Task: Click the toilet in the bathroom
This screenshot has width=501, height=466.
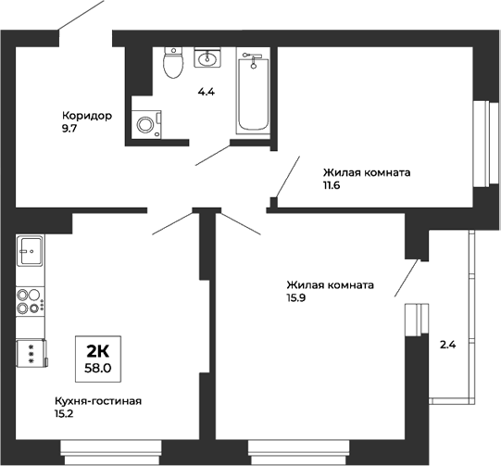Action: [x=171, y=63]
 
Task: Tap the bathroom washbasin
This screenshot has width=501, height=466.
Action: [x=208, y=59]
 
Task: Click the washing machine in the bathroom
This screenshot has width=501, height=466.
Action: [x=146, y=123]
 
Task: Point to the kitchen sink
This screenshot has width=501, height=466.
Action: [x=31, y=251]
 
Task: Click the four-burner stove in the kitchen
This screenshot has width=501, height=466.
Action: [x=30, y=301]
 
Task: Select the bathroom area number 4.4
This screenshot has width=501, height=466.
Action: [x=207, y=93]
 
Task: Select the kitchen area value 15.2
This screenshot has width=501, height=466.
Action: [x=65, y=414]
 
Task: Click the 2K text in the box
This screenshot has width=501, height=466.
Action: [x=98, y=351]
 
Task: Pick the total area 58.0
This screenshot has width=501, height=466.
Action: [x=98, y=367]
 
